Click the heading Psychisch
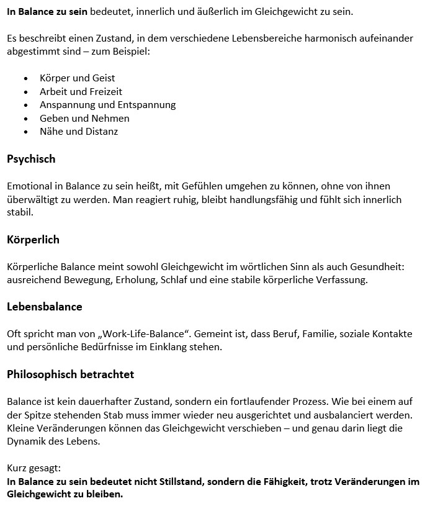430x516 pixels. click(31, 159)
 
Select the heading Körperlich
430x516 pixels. click(33, 240)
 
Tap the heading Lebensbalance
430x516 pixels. click(45, 307)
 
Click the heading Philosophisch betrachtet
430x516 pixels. click(70, 374)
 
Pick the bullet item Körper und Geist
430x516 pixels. click(77, 78)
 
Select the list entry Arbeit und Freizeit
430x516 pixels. click(81, 91)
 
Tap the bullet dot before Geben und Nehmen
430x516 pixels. click(25, 119)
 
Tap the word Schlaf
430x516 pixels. click(174, 280)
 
